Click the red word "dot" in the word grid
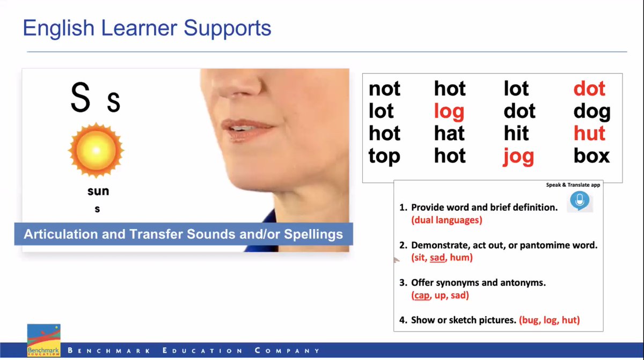(x=589, y=89)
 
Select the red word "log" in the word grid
(x=449, y=112)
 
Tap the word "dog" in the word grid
(x=591, y=112)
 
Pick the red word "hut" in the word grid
(x=589, y=133)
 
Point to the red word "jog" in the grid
(x=518, y=156)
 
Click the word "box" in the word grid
(x=591, y=156)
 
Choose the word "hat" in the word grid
(x=449, y=133)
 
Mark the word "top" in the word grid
(x=384, y=156)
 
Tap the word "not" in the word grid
(x=384, y=89)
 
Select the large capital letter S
(x=80, y=99)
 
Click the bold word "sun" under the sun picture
(x=98, y=192)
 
